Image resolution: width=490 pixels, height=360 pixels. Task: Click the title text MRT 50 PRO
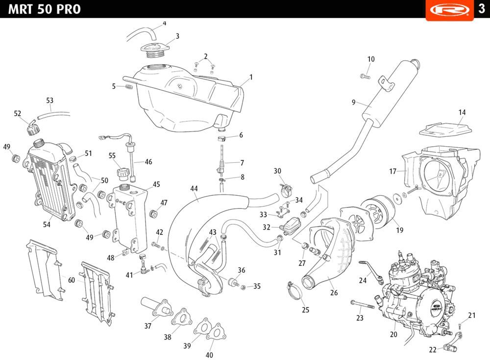click(x=45, y=9)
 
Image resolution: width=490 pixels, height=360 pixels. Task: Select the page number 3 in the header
click(x=482, y=9)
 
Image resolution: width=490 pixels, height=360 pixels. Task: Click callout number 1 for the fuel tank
click(x=251, y=77)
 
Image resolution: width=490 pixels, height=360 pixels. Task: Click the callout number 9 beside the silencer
click(x=353, y=102)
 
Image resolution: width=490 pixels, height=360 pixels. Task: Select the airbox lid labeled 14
click(x=446, y=129)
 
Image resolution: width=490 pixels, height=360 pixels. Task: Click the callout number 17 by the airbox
click(x=392, y=172)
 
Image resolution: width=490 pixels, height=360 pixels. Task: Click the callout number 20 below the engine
click(x=393, y=334)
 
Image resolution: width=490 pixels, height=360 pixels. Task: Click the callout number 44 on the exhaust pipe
click(x=194, y=189)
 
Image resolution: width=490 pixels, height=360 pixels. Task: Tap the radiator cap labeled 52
click(x=33, y=129)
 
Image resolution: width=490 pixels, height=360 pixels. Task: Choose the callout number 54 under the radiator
click(x=47, y=225)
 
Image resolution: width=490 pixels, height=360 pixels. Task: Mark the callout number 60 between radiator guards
click(x=72, y=280)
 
